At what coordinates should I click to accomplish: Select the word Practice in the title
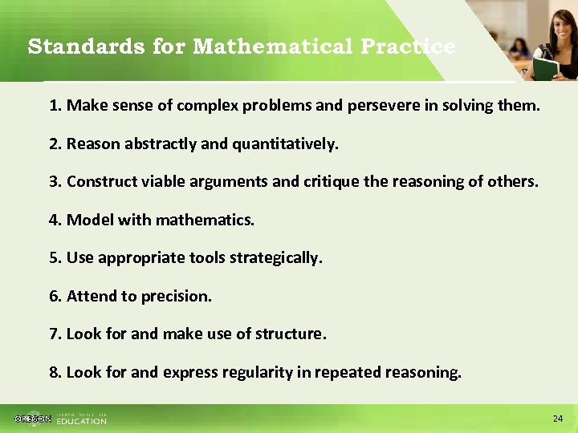click(x=408, y=47)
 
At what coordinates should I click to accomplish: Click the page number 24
click(x=558, y=419)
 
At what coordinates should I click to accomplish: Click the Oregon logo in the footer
click(x=33, y=419)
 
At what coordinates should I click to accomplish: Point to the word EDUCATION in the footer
click(x=81, y=421)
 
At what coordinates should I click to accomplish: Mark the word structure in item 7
click(x=290, y=334)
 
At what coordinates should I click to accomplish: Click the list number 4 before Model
click(x=55, y=220)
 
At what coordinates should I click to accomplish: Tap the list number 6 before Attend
click(x=55, y=296)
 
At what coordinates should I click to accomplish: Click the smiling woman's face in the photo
click(x=558, y=24)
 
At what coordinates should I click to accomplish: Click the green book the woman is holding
click(x=546, y=69)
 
